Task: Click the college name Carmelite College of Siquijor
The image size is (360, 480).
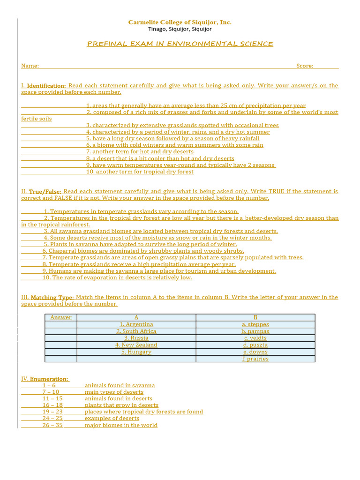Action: pyautogui.click(x=180, y=22)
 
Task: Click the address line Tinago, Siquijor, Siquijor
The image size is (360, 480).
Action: pyautogui.click(x=180, y=29)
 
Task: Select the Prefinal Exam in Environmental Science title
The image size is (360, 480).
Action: pyautogui.click(x=180, y=44)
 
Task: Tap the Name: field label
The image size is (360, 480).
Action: pyautogui.click(x=30, y=66)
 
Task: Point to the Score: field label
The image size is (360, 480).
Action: pyautogui.click(x=305, y=66)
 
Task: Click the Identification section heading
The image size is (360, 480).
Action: pyautogui.click(x=46, y=86)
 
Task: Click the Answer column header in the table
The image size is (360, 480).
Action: pyautogui.click(x=61, y=317)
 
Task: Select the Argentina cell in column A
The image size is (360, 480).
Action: pyautogui.click(x=136, y=324)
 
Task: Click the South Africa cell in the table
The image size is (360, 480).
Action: pyautogui.click(x=136, y=331)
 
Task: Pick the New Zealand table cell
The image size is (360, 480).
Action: pyautogui.click(x=136, y=345)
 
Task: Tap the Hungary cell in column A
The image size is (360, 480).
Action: pyautogui.click(x=136, y=352)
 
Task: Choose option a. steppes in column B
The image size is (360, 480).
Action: pyautogui.click(x=255, y=324)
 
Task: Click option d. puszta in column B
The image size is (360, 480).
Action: pyautogui.click(x=255, y=345)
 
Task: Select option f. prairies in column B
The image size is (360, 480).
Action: pyautogui.click(x=255, y=359)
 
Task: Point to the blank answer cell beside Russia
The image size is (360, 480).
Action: pyautogui.click(x=61, y=338)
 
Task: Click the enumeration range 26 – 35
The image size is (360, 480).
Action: pyautogui.click(x=52, y=425)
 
